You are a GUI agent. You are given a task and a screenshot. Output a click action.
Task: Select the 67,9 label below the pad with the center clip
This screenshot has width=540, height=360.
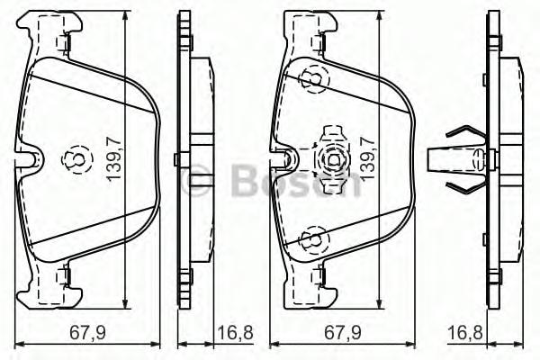coord(341,334)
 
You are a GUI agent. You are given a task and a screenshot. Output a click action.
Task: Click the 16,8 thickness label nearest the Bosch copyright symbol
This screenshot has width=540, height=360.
coord(232,334)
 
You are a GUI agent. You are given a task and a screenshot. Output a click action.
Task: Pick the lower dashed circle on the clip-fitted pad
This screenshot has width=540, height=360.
coord(310,239)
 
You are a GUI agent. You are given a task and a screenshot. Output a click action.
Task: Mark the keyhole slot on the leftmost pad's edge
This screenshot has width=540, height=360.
coord(33,159)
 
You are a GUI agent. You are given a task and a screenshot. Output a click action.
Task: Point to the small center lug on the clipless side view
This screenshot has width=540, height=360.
coord(183,160)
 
